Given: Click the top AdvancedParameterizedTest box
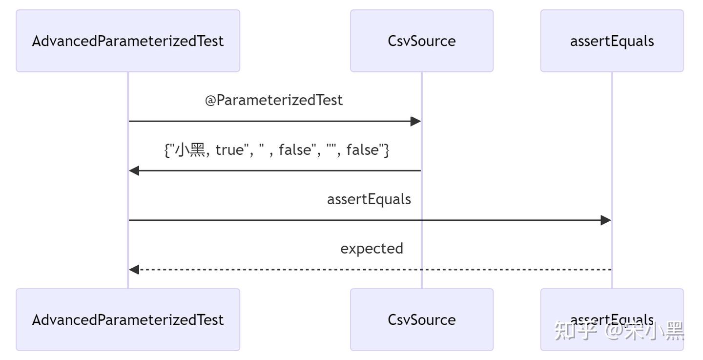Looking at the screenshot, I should click(x=128, y=41).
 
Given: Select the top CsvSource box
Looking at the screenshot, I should click(x=421, y=41).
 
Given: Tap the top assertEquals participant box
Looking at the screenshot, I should click(x=612, y=41).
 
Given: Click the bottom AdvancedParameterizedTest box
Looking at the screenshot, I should click(x=128, y=319).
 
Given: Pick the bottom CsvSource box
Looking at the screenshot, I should click(x=421, y=319).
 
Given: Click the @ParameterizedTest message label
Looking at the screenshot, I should click(x=274, y=100).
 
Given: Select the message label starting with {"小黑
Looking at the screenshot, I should click(x=276, y=150).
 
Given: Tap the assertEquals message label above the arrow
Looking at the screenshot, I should click(x=369, y=199).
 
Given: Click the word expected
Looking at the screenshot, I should click(x=372, y=249).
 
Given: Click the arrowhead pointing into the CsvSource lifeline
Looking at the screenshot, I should click(x=415, y=121).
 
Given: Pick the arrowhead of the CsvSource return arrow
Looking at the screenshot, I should click(x=134, y=170).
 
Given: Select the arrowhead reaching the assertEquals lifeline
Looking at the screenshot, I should click(x=606, y=220).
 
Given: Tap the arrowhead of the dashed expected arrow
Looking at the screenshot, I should click(x=134, y=269).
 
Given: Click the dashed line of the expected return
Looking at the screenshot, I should click(x=371, y=269).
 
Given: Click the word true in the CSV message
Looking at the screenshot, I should click(x=229, y=150).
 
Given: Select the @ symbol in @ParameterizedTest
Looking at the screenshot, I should click(x=210, y=101).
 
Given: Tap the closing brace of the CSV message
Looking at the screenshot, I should click(x=386, y=150).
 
